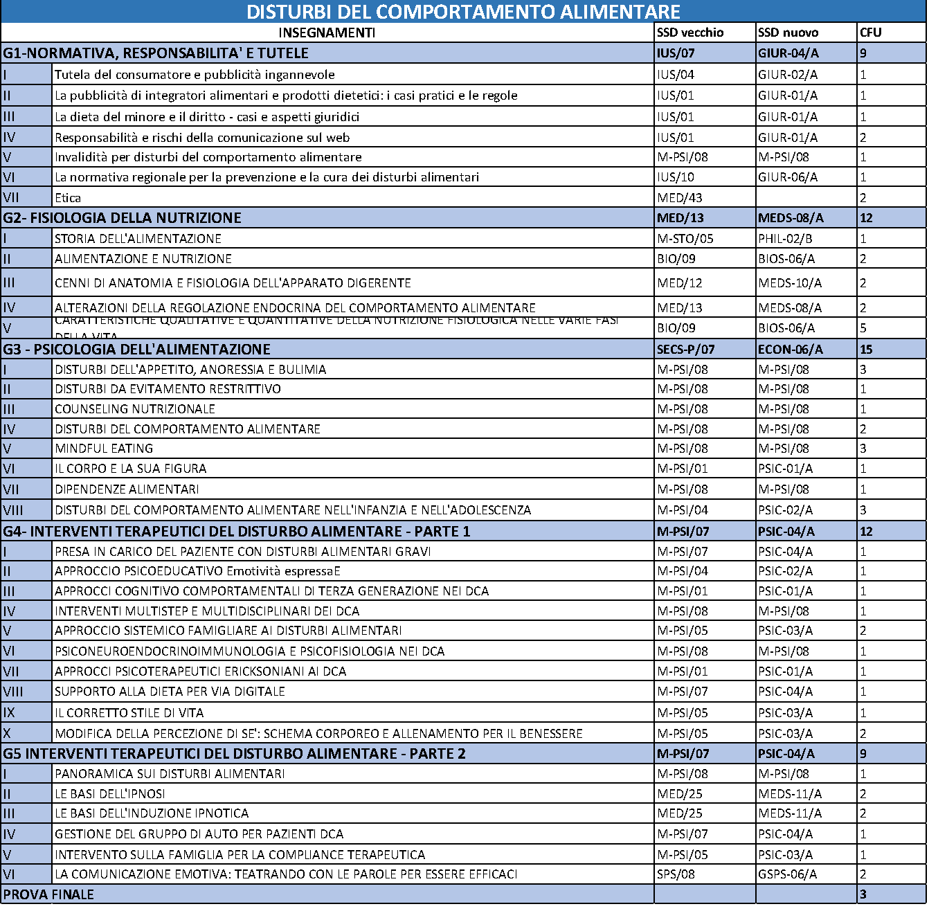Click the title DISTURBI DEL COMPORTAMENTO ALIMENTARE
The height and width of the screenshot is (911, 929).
(x=463, y=12)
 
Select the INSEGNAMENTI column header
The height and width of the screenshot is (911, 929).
(x=327, y=33)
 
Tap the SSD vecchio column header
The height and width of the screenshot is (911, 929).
(x=690, y=33)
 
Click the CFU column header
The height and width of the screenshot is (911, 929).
(x=870, y=33)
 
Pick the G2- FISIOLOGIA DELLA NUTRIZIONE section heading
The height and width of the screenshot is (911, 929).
(x=122, y=218)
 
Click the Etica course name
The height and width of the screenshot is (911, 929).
(x=68, y=198)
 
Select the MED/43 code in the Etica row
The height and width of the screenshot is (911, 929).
(x=680, y=198)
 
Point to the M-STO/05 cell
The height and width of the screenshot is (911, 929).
(x=685, y=239)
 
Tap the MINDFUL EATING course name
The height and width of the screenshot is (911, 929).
(x=104, y=449)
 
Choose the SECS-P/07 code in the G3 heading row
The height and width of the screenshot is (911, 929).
(x=685, y=350)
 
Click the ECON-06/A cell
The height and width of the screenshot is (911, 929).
(x=790, y=350)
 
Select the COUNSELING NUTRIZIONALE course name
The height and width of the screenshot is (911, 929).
(x=135, y=409)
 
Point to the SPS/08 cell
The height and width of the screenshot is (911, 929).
(x=676, y=874)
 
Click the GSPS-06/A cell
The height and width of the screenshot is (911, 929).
(x=787, y=874)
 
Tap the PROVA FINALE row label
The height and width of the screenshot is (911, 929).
(x=48, y=894)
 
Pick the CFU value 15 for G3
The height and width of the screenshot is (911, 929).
(x=866, y=350)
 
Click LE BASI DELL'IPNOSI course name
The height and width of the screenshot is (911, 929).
(x=110, y=794)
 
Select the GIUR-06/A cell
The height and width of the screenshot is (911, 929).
(x=787, y=177)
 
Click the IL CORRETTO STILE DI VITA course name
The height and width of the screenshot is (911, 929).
(x=129, y=713)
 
